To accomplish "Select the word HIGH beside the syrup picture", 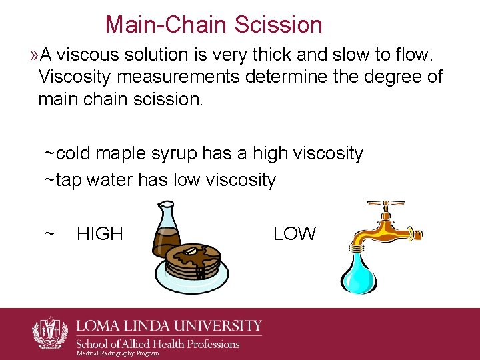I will click(x=100, y=234).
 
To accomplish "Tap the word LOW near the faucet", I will click(x=295, y=234).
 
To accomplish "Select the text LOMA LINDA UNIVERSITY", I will click(x=169, y=326).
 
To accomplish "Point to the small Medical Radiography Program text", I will click(x=117, y=353).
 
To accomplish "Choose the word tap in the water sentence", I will click(x=68, y=180).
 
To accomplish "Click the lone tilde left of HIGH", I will click(x=49, y=234).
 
